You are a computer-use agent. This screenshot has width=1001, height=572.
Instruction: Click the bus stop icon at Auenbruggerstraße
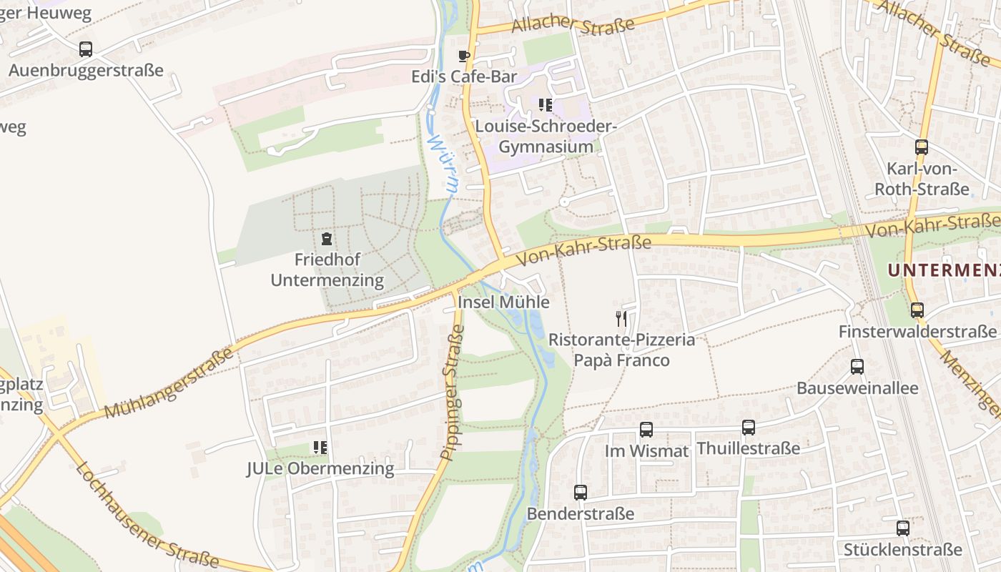(86, 49)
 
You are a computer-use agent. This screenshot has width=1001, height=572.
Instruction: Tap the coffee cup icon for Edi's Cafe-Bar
(464, 56)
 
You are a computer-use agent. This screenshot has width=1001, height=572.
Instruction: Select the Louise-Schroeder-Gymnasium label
(546, 137)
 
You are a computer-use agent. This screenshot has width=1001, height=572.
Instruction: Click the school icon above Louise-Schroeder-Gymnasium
(546, 105)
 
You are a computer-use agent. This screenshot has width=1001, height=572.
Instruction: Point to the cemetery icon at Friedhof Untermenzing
(327, 238)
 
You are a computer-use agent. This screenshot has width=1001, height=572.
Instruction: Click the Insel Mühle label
(503, 302)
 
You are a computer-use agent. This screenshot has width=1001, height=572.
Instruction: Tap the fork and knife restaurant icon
(621, 318)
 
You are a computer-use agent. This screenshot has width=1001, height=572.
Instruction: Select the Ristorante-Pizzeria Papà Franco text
(621, 350)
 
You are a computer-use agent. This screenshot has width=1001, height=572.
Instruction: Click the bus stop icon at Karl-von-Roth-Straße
(922, 147)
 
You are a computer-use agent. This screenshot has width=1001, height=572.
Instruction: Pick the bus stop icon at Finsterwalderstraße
(917, 310)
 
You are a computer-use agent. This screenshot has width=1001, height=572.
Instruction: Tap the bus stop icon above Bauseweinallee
(857, 367)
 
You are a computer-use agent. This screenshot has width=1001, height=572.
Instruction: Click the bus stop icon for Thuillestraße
(749, 428)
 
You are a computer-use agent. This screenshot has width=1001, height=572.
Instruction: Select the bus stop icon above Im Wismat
(646, 430)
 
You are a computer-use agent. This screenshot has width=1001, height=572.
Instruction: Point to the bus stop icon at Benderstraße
(581, 492)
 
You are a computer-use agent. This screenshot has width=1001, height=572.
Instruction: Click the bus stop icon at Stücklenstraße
(903, 528)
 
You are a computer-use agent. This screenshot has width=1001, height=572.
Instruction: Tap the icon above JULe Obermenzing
(320, 448)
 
